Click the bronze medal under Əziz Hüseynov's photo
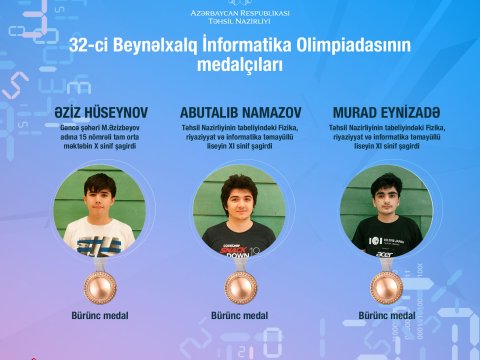click(98, 287)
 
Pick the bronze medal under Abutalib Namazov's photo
click(240, 287)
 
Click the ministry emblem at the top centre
click(240, 5)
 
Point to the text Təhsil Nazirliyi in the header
click(240, 23)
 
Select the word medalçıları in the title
click(240, 66)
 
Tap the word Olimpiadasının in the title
click(351, 45)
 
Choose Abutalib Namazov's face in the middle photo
click(240, 194)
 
